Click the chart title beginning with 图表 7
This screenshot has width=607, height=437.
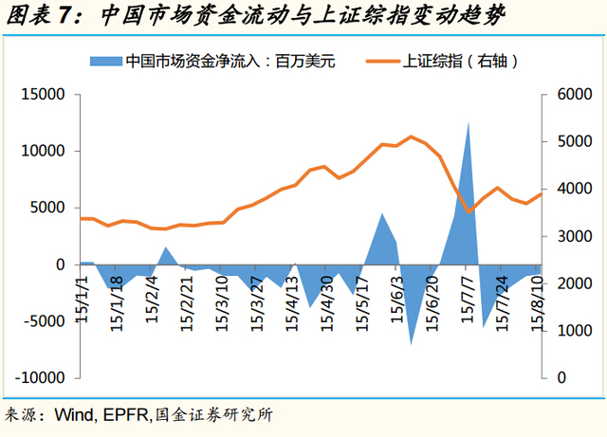[255, 16]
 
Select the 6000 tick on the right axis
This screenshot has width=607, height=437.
[567, 95]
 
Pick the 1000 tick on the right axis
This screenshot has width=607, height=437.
[567, 330]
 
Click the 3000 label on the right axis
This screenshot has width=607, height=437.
[567, 236]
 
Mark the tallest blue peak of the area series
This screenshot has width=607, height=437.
[469, 123]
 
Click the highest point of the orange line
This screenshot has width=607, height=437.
[411, 137]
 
